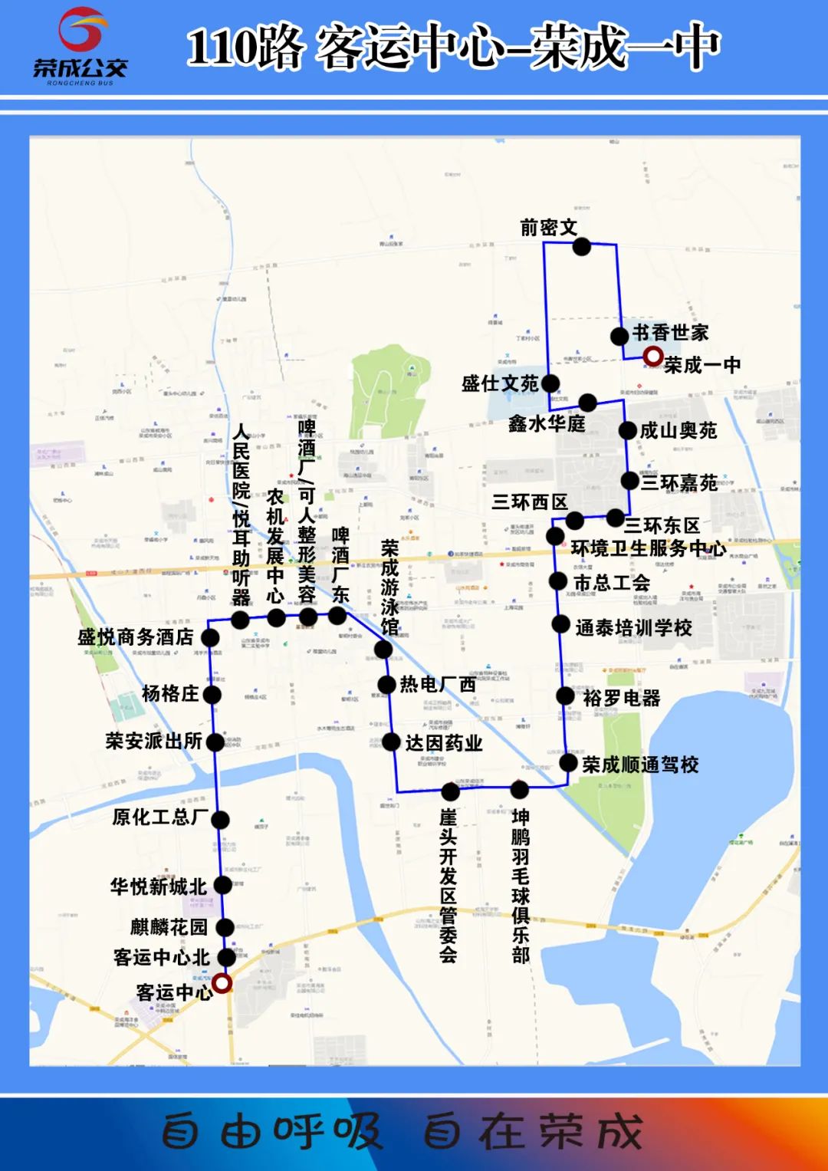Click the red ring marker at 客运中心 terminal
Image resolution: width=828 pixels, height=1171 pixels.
click(222, 983)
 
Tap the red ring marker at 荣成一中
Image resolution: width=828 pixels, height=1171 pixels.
click(652, 357)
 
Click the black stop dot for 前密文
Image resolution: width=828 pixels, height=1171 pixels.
click(582, 246)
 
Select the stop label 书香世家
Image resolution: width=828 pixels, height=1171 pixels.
click(671, 333)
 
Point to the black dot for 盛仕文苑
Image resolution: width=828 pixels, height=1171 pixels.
click(550, 383)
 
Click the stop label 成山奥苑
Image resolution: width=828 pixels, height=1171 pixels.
click(678, 431)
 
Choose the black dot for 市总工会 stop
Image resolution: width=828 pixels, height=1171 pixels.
click(558, 581)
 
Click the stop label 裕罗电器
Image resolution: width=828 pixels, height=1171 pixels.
click(622, 698)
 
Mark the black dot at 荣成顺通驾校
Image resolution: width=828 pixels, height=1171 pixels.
click(568, 763)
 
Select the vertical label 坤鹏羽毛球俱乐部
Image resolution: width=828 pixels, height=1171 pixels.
click(521, 883)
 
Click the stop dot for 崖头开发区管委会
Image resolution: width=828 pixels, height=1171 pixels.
click(451, 791)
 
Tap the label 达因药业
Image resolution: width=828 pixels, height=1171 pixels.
click(444, 742)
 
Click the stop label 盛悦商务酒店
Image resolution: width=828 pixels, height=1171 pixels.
click(136, 637)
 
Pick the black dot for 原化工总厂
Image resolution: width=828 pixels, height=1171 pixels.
click(220, 819)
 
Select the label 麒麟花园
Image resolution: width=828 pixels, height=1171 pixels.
click(169, 927)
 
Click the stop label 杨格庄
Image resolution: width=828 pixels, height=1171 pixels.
click(170, 694)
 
